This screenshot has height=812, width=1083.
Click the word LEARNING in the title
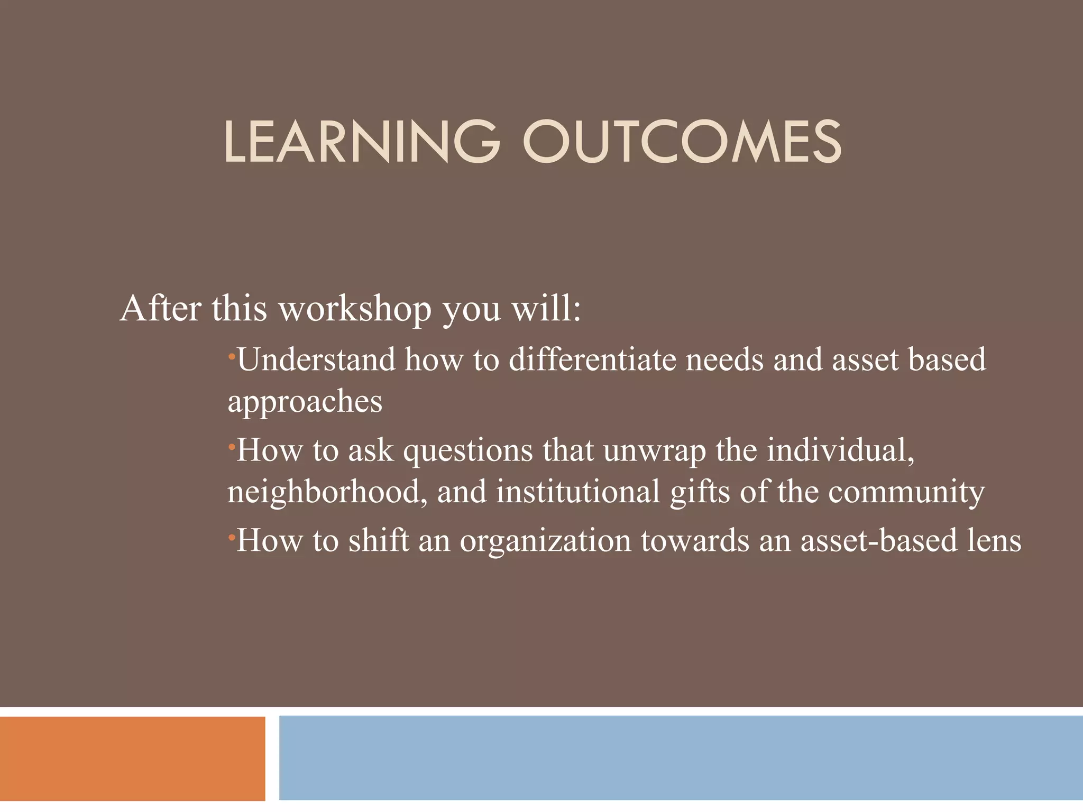(362, 142)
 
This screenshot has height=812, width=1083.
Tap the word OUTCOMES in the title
(682, 142)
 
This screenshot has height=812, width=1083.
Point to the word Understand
(316, 360)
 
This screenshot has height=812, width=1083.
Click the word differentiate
(592, 360)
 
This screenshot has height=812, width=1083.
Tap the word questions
(468, 451)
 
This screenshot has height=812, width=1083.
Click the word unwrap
(654, 451)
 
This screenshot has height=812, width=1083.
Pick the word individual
(840, 451)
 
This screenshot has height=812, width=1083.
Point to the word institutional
(578, 492)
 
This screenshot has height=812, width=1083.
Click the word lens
(994, 541)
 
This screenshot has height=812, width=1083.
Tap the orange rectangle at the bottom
(132, 758)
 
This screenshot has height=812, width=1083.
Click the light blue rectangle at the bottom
(681, 758)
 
